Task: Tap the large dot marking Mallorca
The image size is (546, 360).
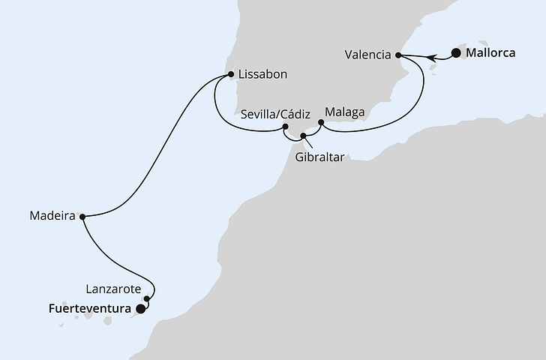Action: pyautogui.click(x=455, y=53)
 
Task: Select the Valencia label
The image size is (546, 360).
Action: pyautogui.click(x=368, y=55)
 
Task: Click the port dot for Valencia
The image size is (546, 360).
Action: pyautogui.click(x=398, y=55)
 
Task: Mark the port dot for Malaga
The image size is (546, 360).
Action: pyautogui.click(x=321, y=122)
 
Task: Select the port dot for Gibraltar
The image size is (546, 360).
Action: pyautogui.click(x=303, y=136)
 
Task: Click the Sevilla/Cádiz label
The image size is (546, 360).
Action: pyautogui.click(x=275, y=115)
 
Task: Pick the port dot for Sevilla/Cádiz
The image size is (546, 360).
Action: pyautogui.click(x=285, y=127)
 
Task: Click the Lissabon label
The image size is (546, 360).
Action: pyautogui.click(x=262, y=75)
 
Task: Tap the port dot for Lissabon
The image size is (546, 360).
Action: pyautogui.click(x=230, y=75)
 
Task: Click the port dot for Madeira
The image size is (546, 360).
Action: pyautogui.click(x=82, y=216)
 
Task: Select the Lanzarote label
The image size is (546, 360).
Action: pyautogui.click(x=113, y=287)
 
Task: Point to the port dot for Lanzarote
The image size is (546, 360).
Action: pyautogui.click(x=147, y=298)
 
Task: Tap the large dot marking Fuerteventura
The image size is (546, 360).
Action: pyautogui.click(x=140, y=307)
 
